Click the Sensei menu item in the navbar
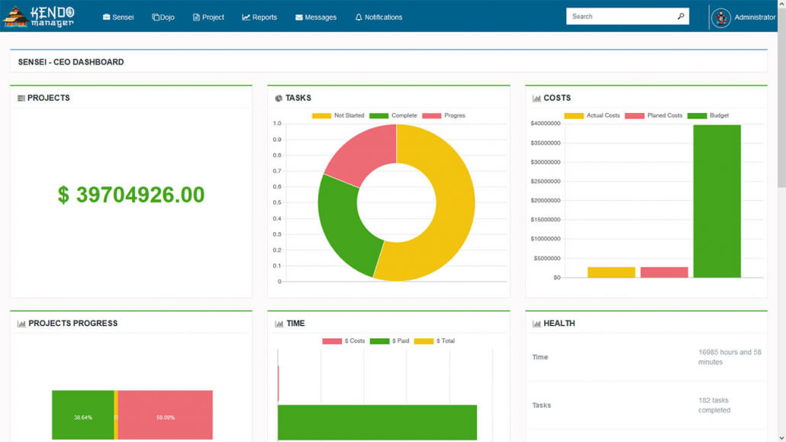click(x=118, y=17)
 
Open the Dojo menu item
click(x=163, y=17)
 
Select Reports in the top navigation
click(x=259, y=17)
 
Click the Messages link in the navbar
click(x=316, y=17)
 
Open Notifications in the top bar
click(x=379, y=17)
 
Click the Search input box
click(x=620, y=16)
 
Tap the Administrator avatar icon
click(x=720, y=17)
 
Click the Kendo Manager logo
click(x=40, y=16)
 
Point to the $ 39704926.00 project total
click(x=131, y=195)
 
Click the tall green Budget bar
click(x=717, y=202)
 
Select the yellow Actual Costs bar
click(x=611, y=272)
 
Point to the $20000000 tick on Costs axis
click(x=546, y=201)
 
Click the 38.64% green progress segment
click(x=82, y=418)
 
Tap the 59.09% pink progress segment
click(x=165, y=418)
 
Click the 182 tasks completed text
click(x=714, y=405)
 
